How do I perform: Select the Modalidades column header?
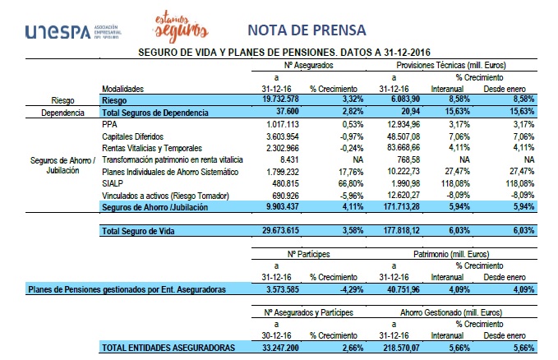click(x=122, y=88)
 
